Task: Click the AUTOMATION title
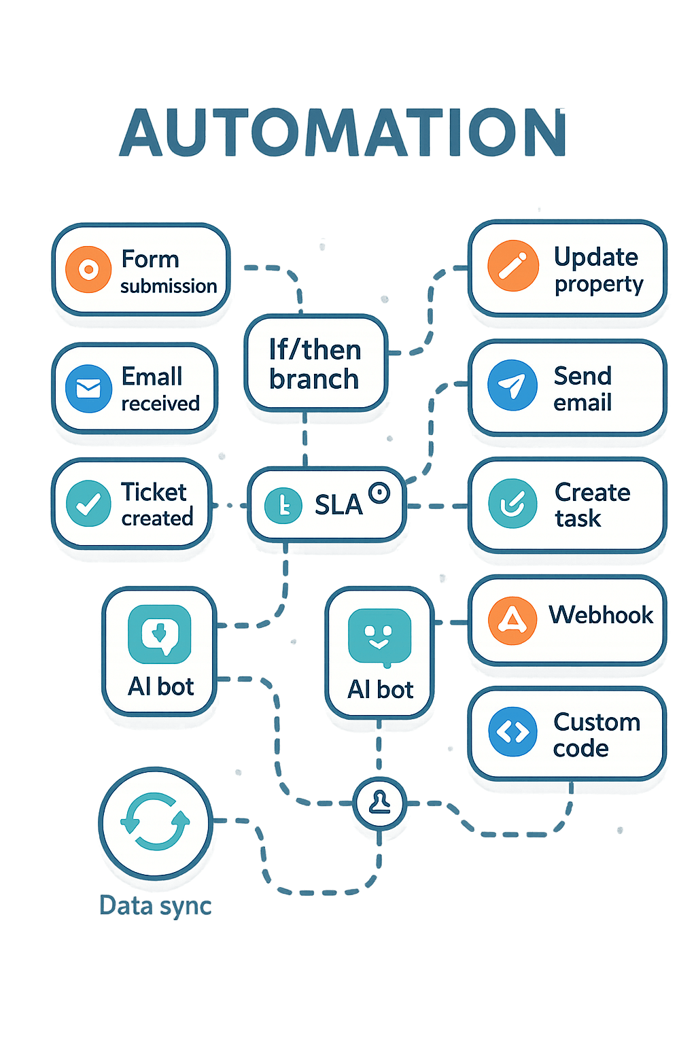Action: pyautogui.click(x=343, y=133)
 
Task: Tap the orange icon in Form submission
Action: pyautogui.click(x=88, y=270)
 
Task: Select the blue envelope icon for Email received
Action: pyautogui.click(x=88, y=389)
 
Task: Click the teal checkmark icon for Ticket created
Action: pyautogui.click(x=88, y=504)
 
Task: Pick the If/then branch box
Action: pyautogui.click(x=315, y=364)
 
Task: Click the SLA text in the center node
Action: pyautogui.click(x=338, y=505)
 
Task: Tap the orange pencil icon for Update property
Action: pyautogui.click(x=512, y=266)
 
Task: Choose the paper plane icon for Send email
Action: pyautogui.click(x=512, y=385)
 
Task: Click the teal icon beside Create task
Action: pyautogui.click(x=512, y=504)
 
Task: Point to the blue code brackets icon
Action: pyautogui.click(x=512, y=732)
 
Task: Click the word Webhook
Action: pyautogui.click(x=601, y=615)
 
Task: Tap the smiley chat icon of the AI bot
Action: pyautogui.click(x=379, y=638)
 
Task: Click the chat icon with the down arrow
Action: pyautogui.click(x=160, y=634)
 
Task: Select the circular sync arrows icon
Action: pyautogui.click(x=156, y=822)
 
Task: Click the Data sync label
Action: pyautogui.click(x=156, y=906)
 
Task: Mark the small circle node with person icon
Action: pyautogui.click(x=379, y=802)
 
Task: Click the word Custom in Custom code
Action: pyautogui.click(x=597, y=722)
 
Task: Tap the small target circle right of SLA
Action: pyautogui.click(x=379, y=493)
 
